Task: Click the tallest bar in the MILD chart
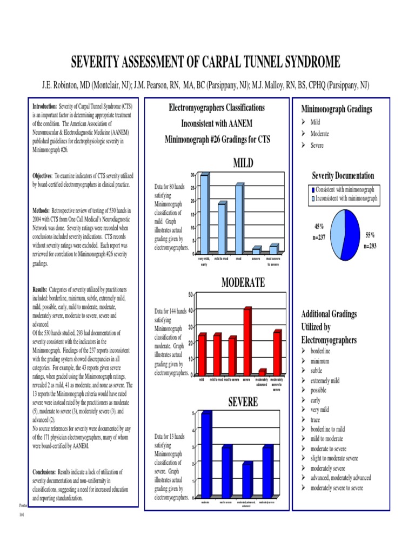204,214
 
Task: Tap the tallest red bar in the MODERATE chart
247,341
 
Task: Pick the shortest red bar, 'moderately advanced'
262,372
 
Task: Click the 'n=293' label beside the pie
370,246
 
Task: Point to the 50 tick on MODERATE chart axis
191,294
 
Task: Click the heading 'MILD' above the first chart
243,163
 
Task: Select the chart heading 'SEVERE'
243,402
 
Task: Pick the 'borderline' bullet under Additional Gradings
324,352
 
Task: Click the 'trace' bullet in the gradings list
317,420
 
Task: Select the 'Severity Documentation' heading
343,176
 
